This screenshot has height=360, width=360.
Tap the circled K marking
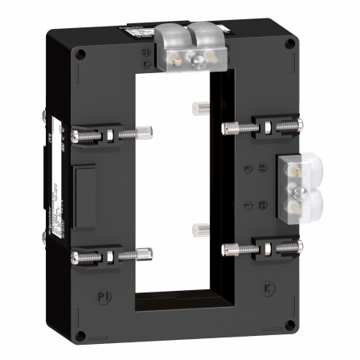click(x=268, y=286)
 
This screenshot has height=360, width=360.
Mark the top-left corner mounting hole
click(x=80, y=55)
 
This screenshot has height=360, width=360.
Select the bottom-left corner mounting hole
click(x=81, y=333)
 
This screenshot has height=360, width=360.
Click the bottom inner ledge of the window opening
click(x=175, y=301)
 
